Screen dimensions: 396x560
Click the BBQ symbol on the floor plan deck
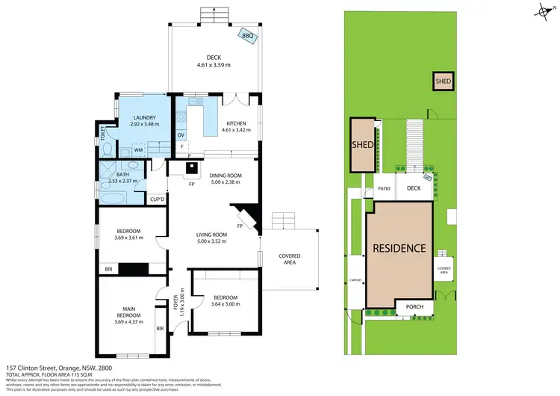[x=248, y=35]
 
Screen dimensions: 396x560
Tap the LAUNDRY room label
[x=143, y=118]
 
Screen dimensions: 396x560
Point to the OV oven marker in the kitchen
[x=181, y=134]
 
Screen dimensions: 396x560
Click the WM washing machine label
[x=118, y=149]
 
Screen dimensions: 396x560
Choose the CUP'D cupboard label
[x=157, y=199]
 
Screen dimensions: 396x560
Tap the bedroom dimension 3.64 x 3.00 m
[x=225, y=303]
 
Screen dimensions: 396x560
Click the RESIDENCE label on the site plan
[x=399, y=248]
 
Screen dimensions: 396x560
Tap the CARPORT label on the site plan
[x=356, y=280]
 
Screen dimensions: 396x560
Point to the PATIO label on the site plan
[x=385, y=189]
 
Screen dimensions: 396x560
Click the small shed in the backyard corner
[x=444, y=80]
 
